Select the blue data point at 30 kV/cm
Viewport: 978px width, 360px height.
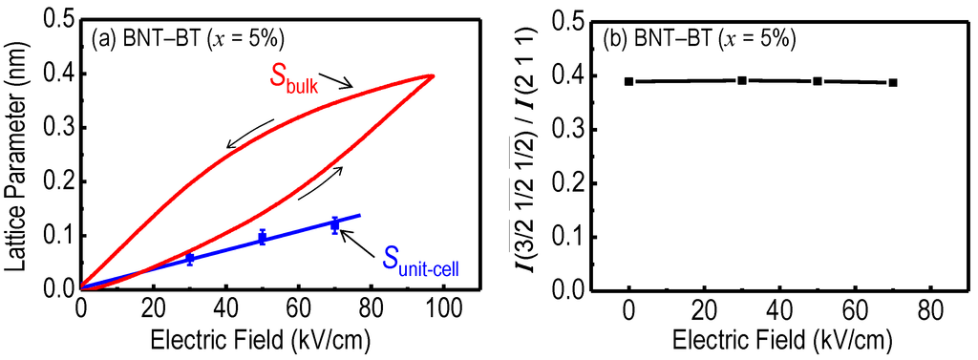coord(189,259)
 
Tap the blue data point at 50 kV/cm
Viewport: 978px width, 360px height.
coord(262,238)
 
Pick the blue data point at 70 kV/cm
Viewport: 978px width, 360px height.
coord(334,224)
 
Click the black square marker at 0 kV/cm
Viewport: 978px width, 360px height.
coord(629,81)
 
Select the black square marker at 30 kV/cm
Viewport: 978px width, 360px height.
coord(742,80)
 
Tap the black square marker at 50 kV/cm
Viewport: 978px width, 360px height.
coord(818,81)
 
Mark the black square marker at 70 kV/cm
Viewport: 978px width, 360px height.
coord(892,82)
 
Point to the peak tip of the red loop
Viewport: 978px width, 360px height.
coord(433,75)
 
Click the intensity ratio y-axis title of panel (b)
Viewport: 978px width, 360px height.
coord(526,153)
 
